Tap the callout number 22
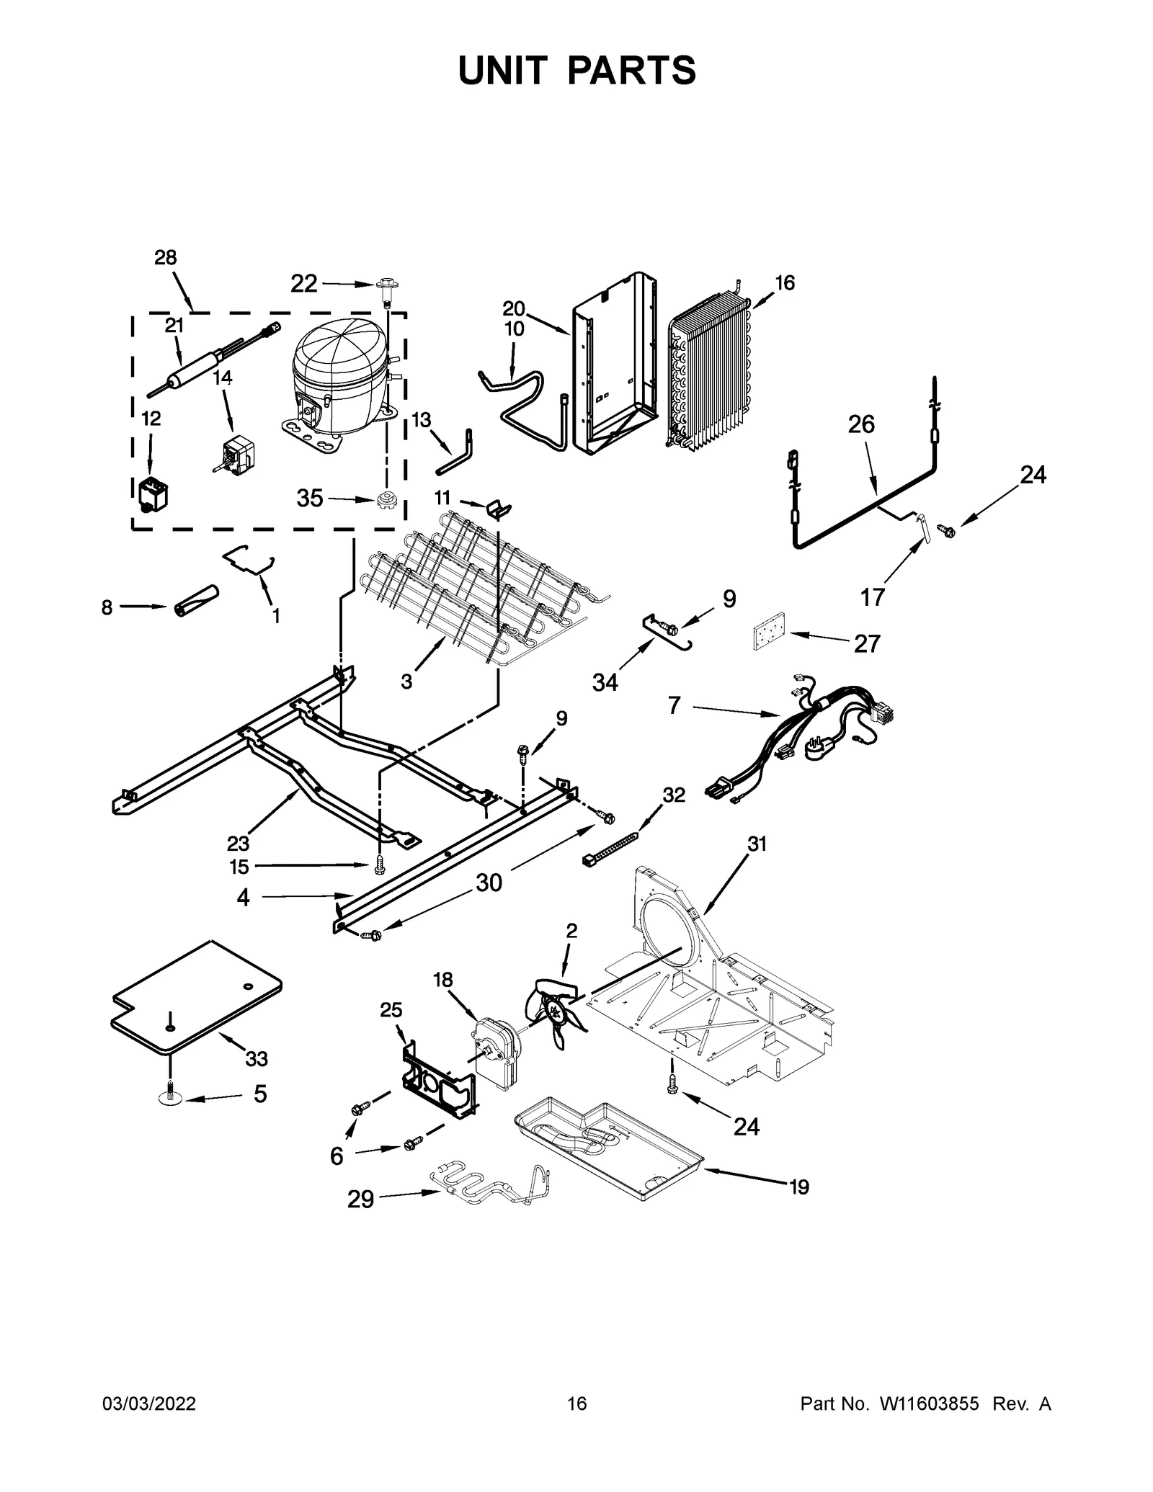point(303,284)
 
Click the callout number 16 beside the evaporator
point(784,283)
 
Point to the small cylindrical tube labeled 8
point(195,602)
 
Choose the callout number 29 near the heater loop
point(360,1200)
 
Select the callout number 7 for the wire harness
point(674,705)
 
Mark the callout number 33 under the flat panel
point(257,1058)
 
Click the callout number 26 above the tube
point(860,424)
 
